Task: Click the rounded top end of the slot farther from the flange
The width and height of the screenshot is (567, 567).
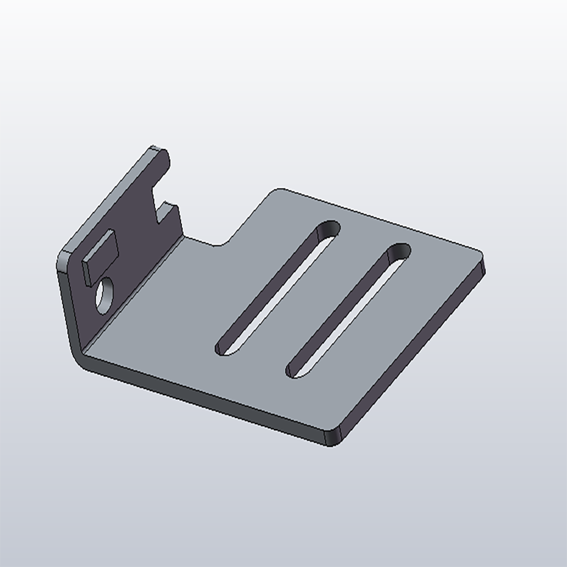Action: [x=399, y=252]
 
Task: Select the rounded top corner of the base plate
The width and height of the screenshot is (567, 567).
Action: [x=277, y=192]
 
